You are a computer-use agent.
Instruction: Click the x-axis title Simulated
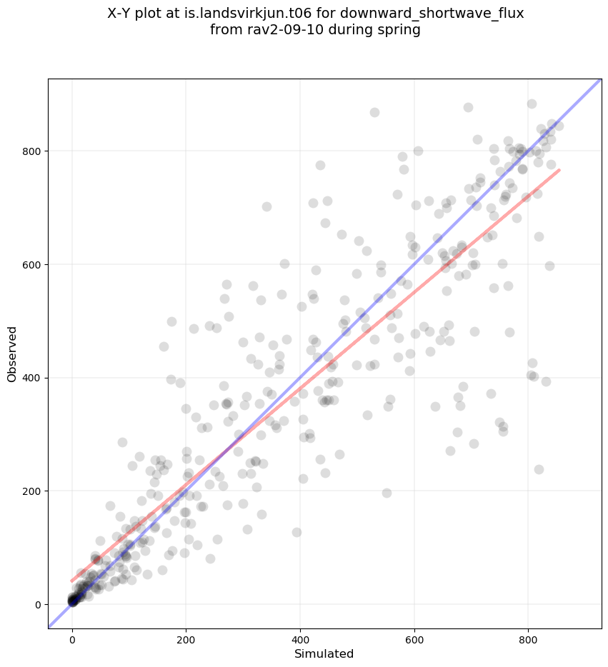coord(324,653)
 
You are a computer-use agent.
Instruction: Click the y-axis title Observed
coord(12,354)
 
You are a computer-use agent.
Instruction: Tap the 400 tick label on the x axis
coord(300,633)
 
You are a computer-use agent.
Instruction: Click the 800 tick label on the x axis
coord(529,633)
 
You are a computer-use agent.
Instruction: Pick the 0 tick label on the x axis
coord(72,633)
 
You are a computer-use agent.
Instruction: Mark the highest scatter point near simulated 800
coord(532,104)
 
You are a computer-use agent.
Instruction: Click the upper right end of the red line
coord(559,169)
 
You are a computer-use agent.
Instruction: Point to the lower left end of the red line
coord(72,581)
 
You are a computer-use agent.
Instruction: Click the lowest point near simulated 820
coord(539,469)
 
